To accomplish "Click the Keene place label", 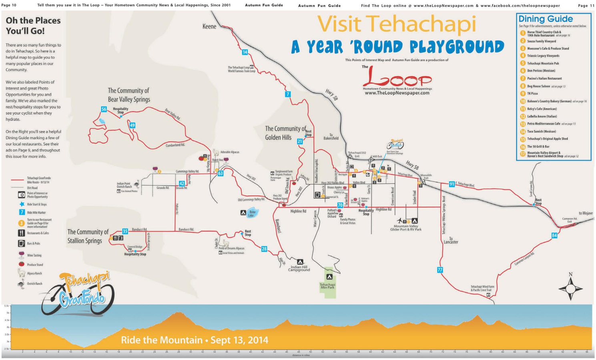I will pos(209,26).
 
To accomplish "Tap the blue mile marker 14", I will pos(245,52).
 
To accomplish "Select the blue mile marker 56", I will pos(104,109).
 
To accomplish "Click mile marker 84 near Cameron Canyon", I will pos(554,236).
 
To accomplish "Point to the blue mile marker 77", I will pos(440,270).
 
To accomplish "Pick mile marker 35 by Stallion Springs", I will pos(125,231).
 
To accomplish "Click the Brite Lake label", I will pos(252,214).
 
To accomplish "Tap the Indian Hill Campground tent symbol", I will pos(300,262).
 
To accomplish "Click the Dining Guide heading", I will pos(545,19).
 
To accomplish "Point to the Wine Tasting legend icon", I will pos(21,255).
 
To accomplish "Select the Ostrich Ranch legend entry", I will pos(34,284).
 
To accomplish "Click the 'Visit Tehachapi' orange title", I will pos(396,24).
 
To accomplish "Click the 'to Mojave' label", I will pos(586,213).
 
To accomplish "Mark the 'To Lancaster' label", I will pos(451,240).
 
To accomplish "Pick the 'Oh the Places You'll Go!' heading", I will pos(33,26).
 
